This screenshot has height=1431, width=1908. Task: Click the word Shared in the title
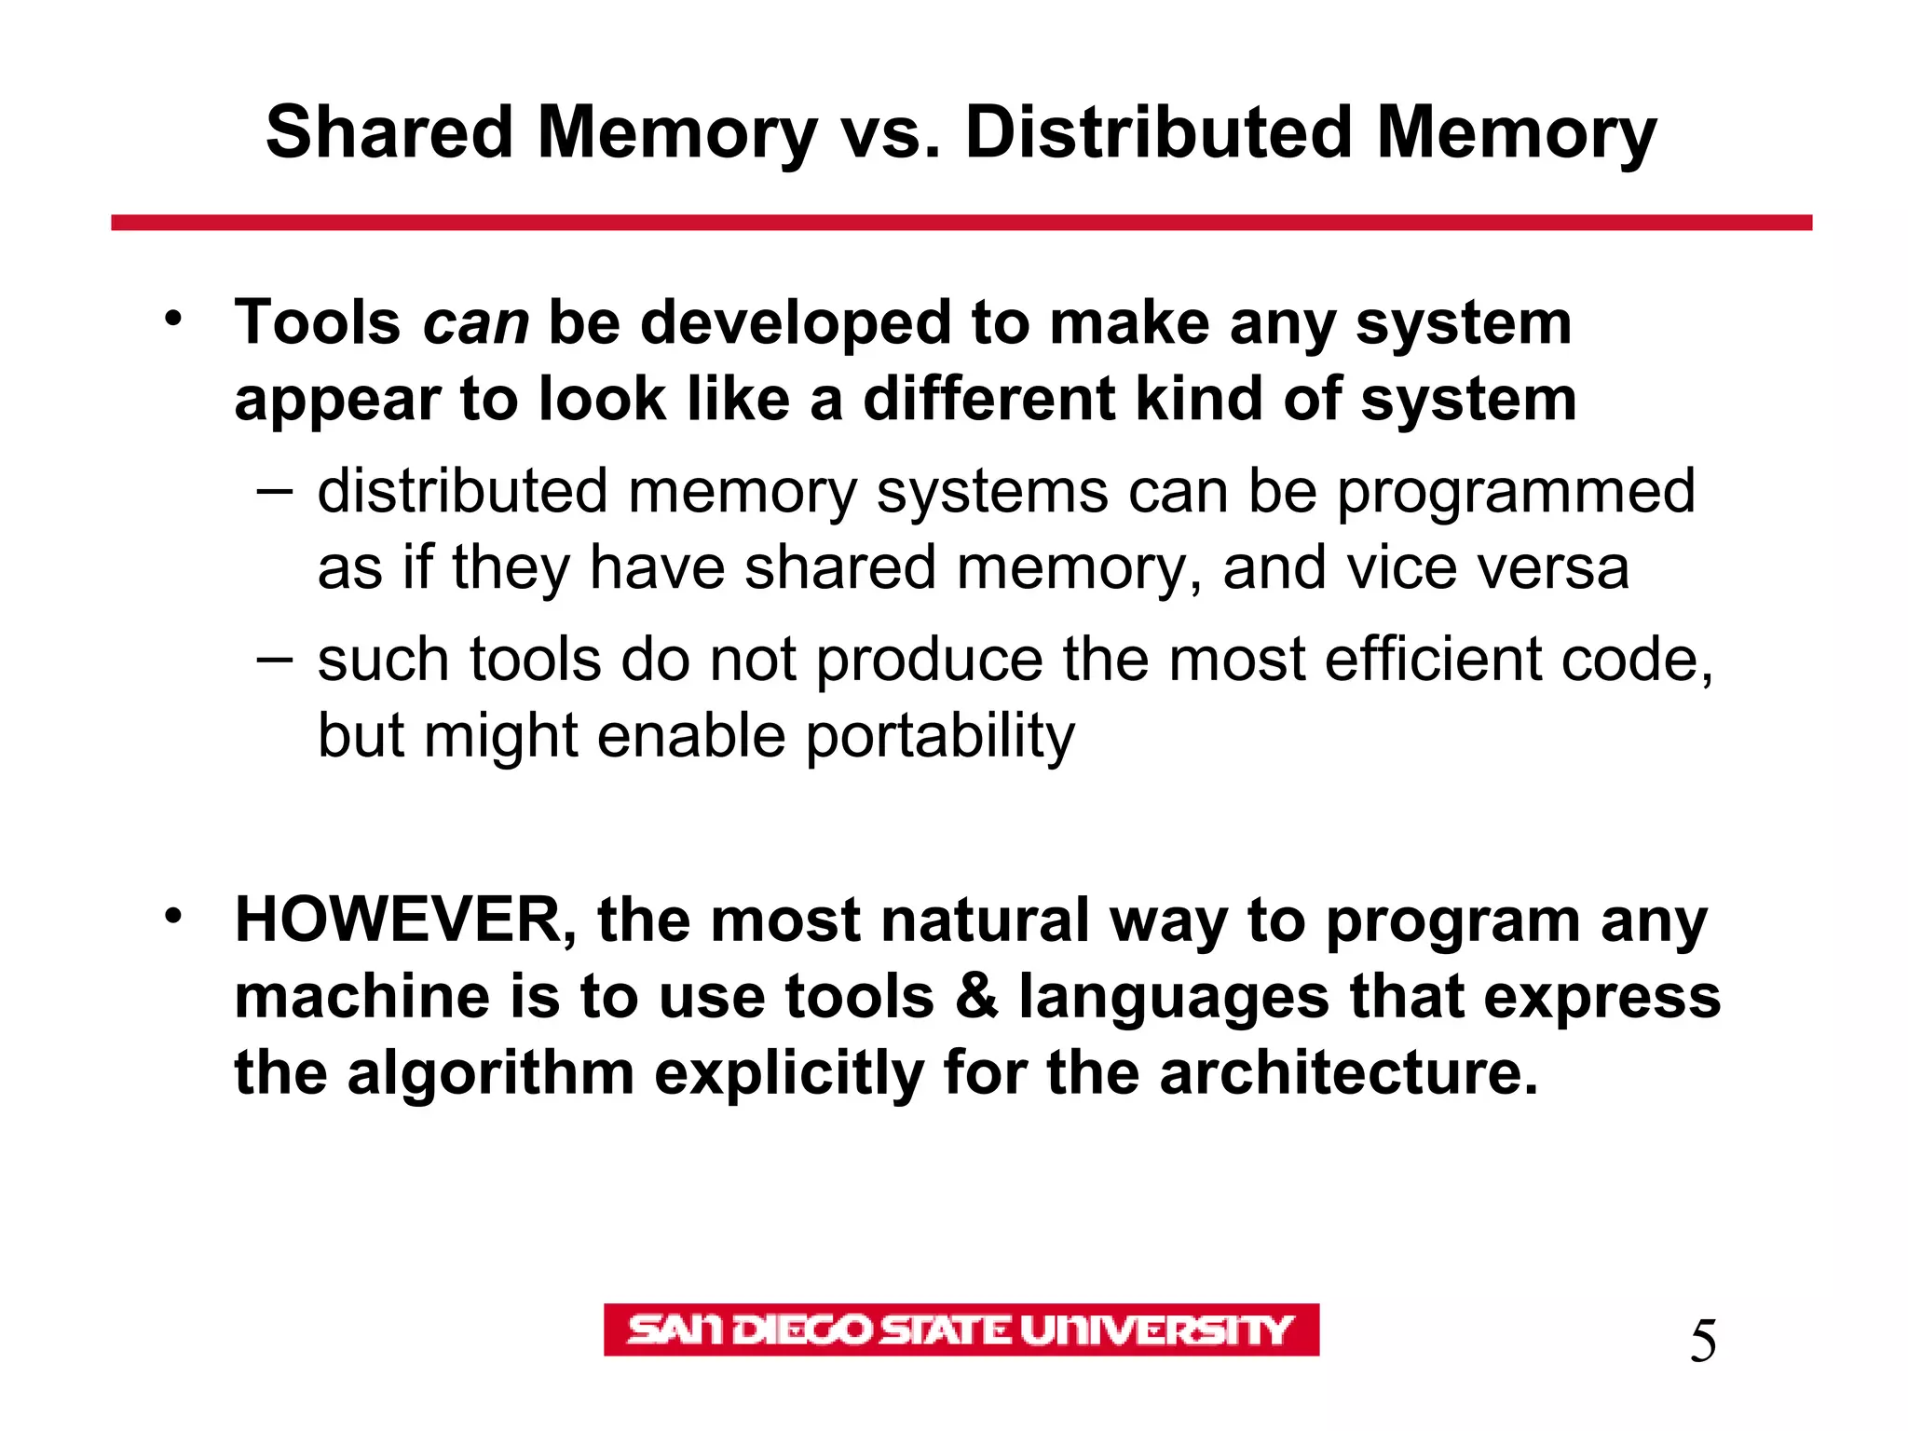point(389,132)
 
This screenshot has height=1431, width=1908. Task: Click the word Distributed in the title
point(1158,132)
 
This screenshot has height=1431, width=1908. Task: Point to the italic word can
point(475,324)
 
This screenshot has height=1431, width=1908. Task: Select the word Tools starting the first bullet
point(318,323)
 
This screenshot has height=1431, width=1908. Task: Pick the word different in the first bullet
point(988,399)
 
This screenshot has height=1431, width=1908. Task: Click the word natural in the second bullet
point(985,921)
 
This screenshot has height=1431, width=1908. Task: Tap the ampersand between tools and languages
point(975,997)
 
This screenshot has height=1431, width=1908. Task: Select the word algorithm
point(490,1073)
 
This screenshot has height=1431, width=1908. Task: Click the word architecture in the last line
point(1348,1073)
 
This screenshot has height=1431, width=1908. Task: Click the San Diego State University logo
point(961,1329)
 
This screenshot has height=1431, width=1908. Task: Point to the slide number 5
point(1703,1342)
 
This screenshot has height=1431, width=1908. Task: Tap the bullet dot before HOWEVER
point(172,917)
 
